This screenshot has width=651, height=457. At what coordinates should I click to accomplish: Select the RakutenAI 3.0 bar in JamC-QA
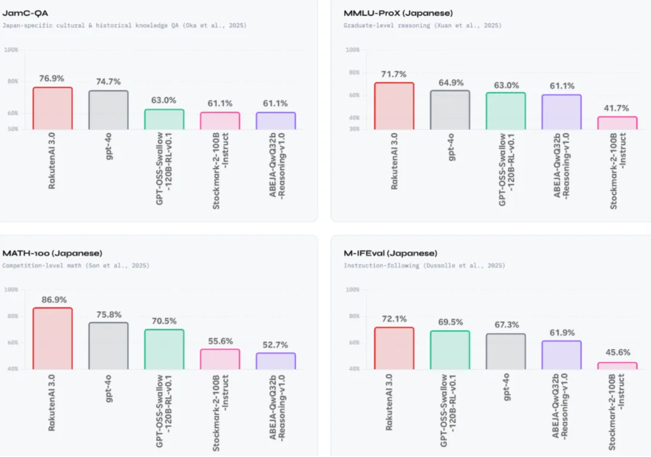[52, 108]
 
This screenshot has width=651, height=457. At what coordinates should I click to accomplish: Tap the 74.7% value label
[108, 81]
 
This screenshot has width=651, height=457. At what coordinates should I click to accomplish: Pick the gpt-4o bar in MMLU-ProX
[450, 110]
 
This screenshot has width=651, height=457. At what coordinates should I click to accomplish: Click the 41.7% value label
[617, 108]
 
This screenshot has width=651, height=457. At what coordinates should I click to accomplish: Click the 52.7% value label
[275, 345]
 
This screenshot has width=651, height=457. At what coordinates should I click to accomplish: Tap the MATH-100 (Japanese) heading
[52, 253]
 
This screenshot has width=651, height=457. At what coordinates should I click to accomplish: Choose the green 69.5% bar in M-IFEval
[450, 350]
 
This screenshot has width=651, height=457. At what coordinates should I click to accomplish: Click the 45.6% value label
[617, 352]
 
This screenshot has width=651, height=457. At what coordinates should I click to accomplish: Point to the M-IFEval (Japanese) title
[391, 253]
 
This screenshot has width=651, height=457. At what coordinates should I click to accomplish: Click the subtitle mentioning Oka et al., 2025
[125, 25]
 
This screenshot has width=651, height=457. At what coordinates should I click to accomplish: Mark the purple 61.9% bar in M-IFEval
[561, 355]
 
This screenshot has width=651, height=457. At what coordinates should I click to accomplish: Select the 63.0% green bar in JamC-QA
[164, 119]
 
